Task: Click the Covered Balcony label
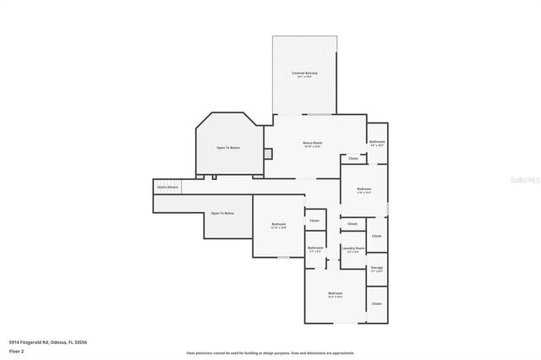pyautogui.click(x=304, y=74)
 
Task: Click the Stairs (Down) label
pyautogui.click(x=167, y=187)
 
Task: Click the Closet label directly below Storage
pyautogui.click(x=377, y=303)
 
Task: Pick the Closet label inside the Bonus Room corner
pyautogui.click(x=353, y=158)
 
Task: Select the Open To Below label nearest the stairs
pyautogui.click(x=222, y=213)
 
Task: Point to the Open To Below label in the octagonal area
pyautogui.click(x=228, y=147)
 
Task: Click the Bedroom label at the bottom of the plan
pyautogui.click(x=335, y=293)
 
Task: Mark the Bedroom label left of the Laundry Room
pyautogui.click(x=278, y=224)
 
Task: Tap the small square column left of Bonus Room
pyautogui.click(x=267, y=154)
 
